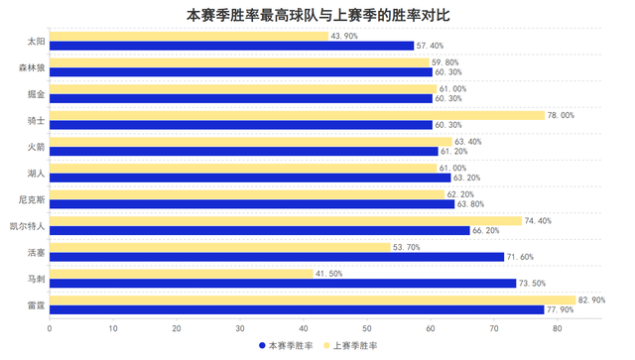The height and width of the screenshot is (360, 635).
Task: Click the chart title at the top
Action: (317, 15)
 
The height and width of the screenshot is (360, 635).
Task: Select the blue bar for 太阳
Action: (231, 46)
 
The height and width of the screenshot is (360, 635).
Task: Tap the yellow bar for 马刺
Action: (181, 273)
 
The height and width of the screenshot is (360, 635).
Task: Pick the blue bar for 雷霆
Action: (297, 309)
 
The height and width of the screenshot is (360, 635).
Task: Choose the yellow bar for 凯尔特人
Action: (285, 220)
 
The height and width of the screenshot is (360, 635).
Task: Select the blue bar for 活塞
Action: (277, 257)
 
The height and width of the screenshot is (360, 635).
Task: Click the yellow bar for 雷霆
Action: (313, 300)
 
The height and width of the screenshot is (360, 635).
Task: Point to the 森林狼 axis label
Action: (32, 67)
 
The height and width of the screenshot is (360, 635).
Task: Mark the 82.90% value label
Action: (592, 300)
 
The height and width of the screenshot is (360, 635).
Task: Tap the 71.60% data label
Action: (521, 257)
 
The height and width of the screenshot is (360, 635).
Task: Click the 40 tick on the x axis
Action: (304, 327)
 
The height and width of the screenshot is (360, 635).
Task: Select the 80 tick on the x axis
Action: (558, 327)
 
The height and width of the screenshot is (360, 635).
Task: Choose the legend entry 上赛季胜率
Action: (355, 346)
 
